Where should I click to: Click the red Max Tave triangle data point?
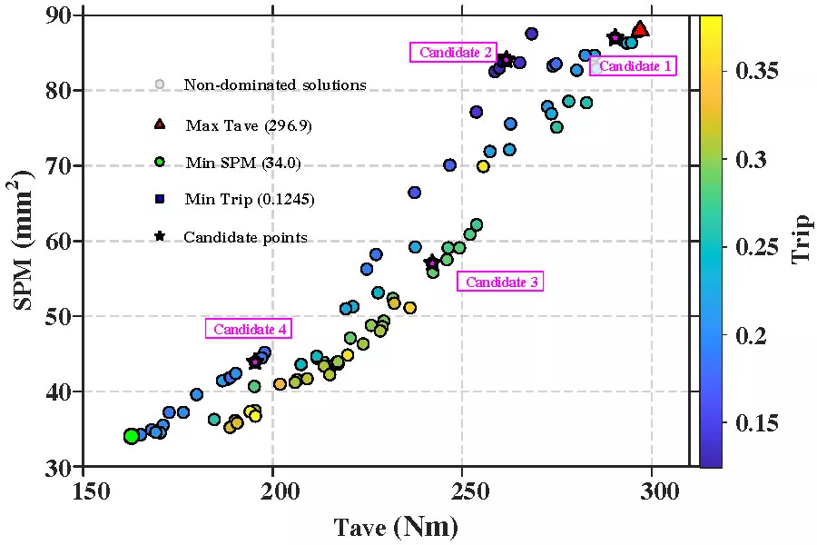tap(640, 30)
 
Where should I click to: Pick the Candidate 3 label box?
tap(502, 282)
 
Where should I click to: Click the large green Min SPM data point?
tap(132, 436)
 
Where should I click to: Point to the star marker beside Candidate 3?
tap(432, 263)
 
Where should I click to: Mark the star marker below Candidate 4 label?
tap(255, 362)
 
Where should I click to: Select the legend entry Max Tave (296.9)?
tap(248, 125)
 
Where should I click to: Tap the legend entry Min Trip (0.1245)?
tap(249, 199)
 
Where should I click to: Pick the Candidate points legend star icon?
tap(160, 237)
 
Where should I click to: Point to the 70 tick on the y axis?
tap(62, 166)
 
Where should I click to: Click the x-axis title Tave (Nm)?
tap(396, 526)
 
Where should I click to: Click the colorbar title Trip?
tap(800, 238)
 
